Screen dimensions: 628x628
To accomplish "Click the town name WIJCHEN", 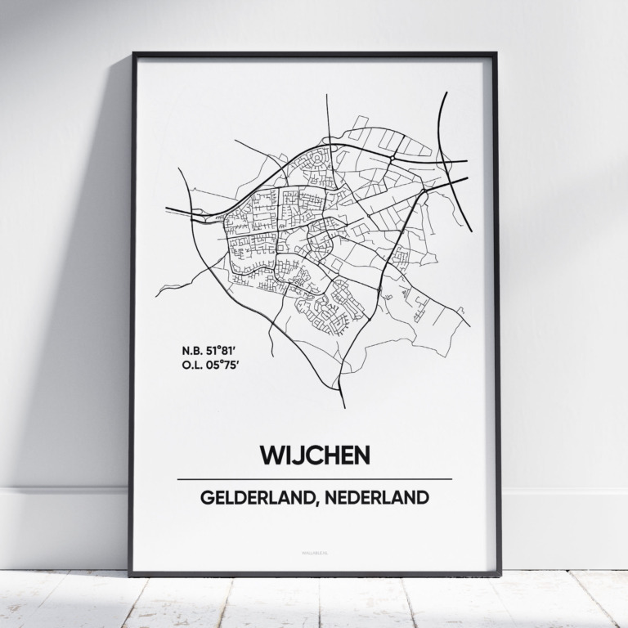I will coord(314,455).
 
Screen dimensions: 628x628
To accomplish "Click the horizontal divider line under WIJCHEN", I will coord(314,478).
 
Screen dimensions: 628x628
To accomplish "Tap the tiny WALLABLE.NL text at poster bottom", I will coord(314,554).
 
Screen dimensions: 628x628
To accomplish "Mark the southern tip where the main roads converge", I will coord(343,406).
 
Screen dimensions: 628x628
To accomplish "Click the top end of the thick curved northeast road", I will coord(446,92).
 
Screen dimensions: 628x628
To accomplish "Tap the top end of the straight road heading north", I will coord(327,95).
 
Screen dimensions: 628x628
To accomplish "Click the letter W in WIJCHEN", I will coord(271,455).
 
